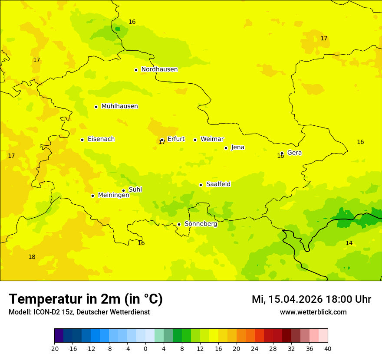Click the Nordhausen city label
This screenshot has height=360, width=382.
coord(159,69)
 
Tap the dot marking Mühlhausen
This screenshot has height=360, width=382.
coord(96,107)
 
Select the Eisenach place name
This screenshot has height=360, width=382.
coord(101,139)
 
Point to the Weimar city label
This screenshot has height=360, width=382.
coord(212,139)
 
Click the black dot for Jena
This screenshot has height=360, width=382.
coord(226,148)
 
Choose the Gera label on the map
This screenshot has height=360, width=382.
coord(294,153)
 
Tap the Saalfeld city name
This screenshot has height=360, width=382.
coord(218,184)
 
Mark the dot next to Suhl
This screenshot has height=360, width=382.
coord(123,190)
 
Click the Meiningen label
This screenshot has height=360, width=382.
coord(114,195)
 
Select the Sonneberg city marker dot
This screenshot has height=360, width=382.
coord(179,224)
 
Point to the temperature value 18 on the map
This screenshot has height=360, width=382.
coord(32,257)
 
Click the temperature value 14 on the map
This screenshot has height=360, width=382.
coord(349,243)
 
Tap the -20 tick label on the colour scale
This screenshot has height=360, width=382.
coord(54,348)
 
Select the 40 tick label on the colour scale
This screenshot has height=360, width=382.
coord(328,348)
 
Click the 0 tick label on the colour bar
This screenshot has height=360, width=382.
coord(145,348)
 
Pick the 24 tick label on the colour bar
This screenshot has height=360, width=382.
coord(255,348)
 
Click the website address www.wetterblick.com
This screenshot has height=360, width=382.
coord(313,312)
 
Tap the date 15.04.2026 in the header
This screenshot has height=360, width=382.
coord(295,299)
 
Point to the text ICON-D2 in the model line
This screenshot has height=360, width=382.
coord(46,312)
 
